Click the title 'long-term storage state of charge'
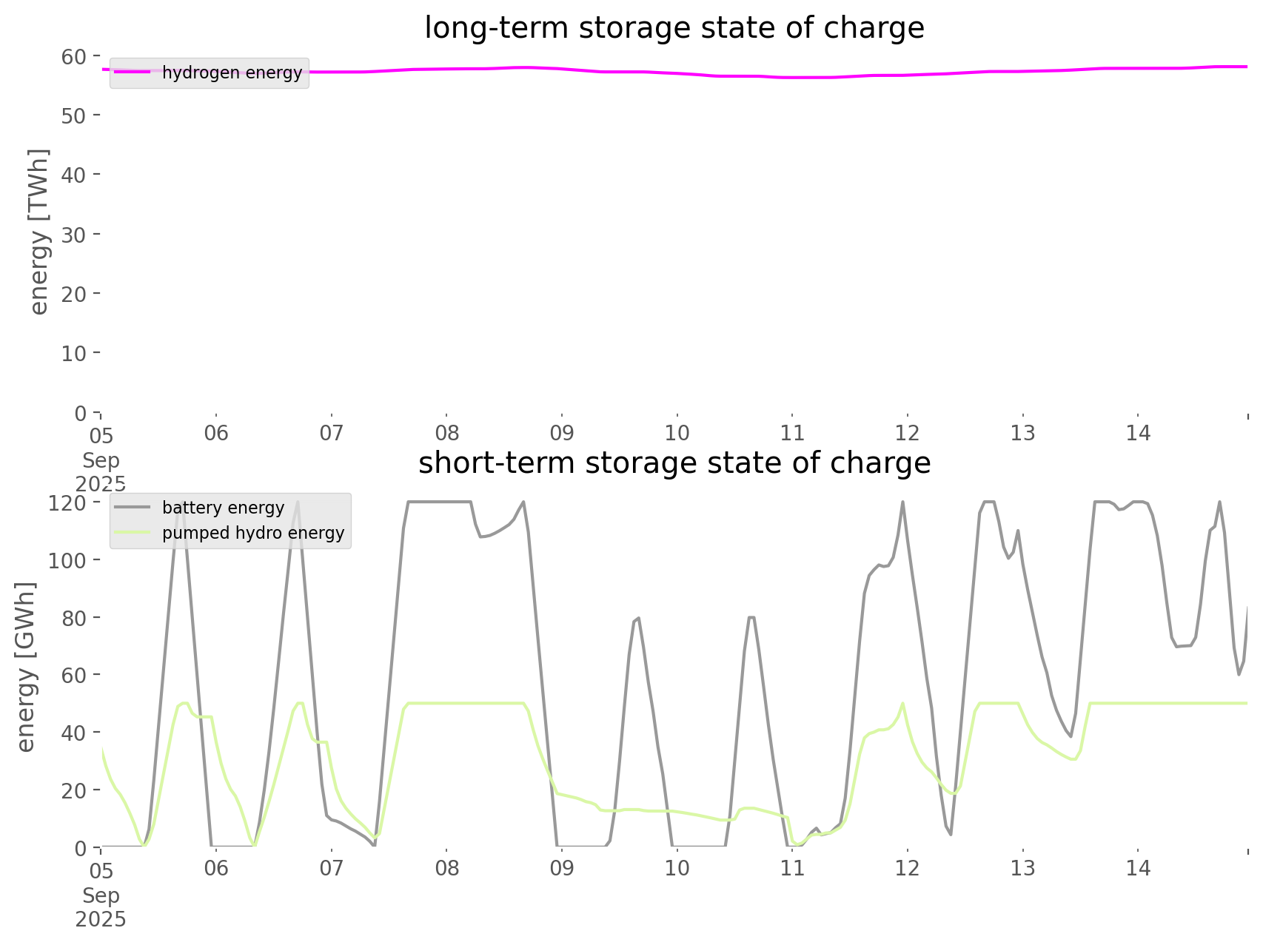[674, 28]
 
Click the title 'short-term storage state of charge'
[674, 463]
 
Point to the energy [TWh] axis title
[39, 232]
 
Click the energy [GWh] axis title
[27, 667]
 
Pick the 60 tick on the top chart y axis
[75, 56]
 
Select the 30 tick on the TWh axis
[75, 235]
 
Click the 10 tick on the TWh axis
[75, 354]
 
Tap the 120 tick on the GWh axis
[68, 503]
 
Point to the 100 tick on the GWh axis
[68, 560]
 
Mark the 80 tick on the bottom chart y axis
[74, 618]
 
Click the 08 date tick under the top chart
[446, 434]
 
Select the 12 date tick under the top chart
[907, 434]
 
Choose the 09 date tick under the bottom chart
[562, 869]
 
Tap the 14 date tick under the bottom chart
[1138, 869]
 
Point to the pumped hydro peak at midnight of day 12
[902, 703]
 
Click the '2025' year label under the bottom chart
[101, 920]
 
